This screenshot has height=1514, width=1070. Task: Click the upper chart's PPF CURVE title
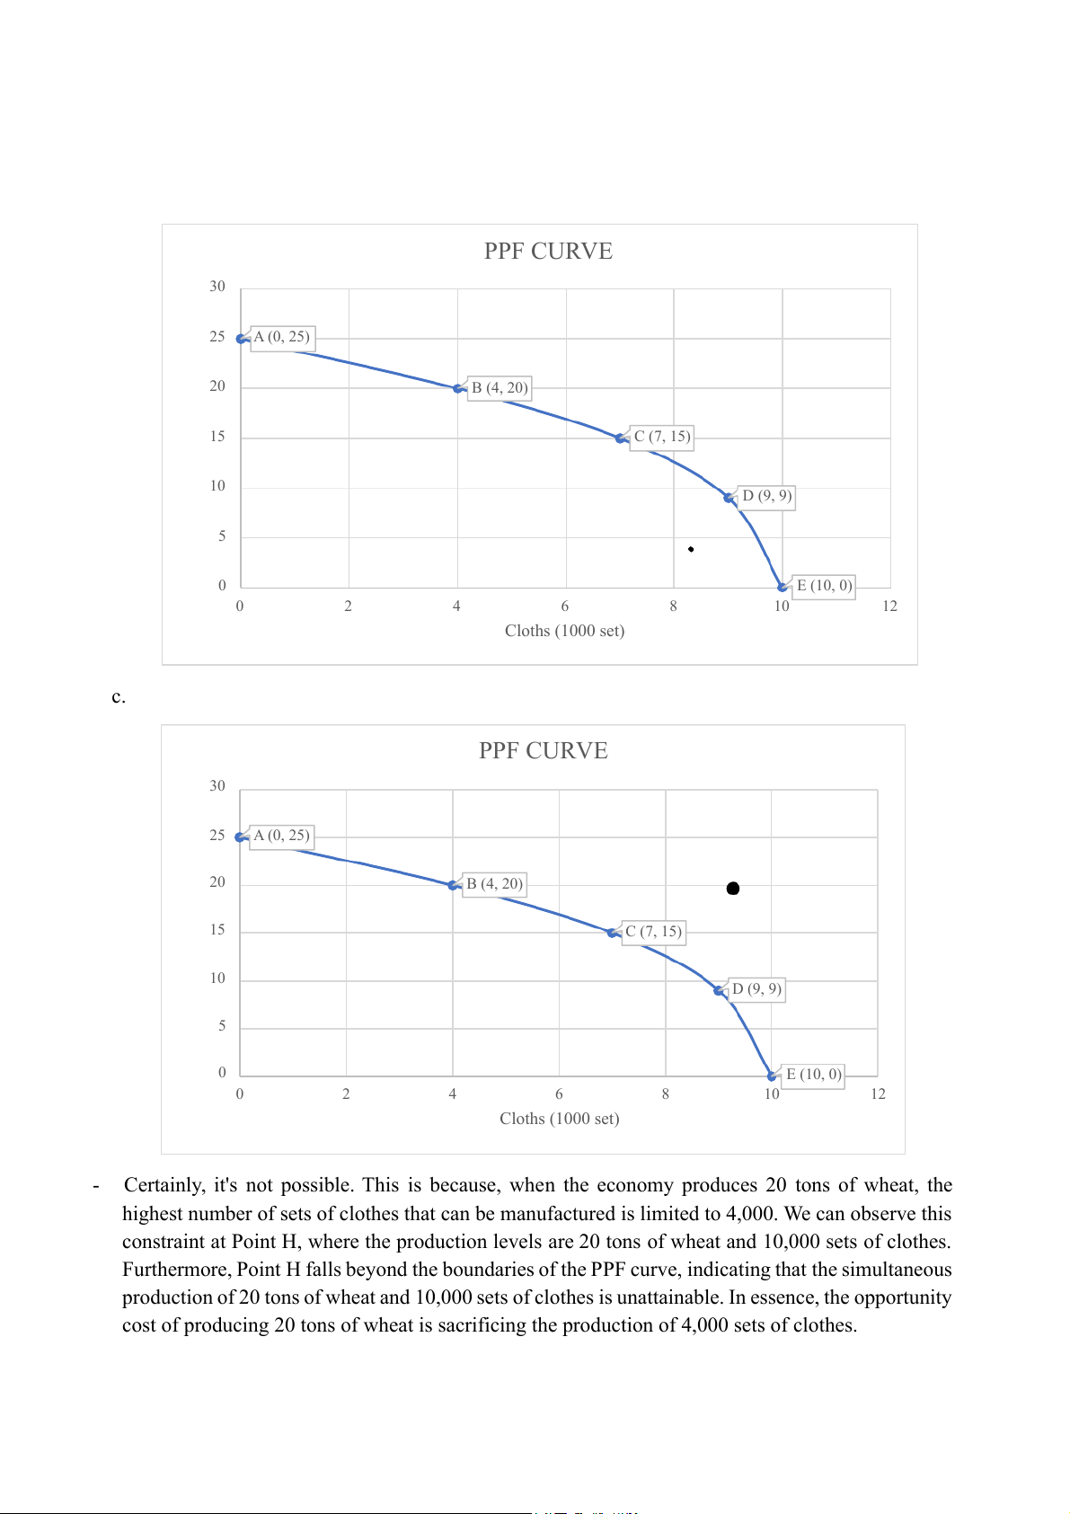click(548, 252)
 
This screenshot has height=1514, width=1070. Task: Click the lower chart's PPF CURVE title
click(543, 751)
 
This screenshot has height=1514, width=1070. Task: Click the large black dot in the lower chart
click(733, 889)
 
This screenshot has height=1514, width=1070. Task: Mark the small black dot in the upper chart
click(691, 549)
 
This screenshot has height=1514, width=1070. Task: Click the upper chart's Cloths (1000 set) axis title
click(564, 631)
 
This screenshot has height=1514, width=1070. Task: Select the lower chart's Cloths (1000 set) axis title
click(559, 1119)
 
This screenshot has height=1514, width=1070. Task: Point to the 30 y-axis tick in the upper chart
click(217, 287)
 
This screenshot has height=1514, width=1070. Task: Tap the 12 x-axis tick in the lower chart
click(878, 1094)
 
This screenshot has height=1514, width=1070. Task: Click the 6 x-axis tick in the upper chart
click(565, 606)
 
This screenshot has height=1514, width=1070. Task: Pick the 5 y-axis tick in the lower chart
click(222, 1026)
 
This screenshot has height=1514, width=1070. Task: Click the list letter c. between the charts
click(119, 697)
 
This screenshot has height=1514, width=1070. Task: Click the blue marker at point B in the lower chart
click(454, 885)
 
